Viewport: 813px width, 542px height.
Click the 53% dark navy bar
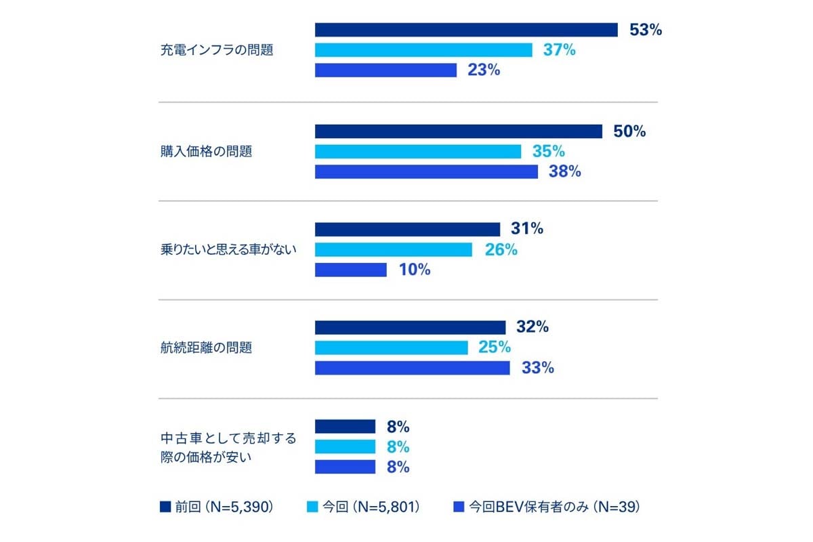[466, 30]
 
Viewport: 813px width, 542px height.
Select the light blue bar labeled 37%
[423, 50]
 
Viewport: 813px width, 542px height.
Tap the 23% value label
[484, 70]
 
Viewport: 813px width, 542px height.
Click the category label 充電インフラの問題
[217, 50]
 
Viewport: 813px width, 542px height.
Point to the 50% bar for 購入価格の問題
[459, 131]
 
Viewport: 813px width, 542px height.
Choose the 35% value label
[549, 151]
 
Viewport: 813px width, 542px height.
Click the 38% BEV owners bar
[426, 171]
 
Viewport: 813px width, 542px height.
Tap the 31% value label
[527, 229]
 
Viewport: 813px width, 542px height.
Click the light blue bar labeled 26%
[394, 249]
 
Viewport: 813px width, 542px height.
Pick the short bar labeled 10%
[351, 270]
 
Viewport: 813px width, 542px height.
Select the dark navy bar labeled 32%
[410, 327]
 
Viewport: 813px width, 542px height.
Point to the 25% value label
[495, 348]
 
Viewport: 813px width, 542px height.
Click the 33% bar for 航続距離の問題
[412, 368]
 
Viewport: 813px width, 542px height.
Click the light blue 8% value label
[398, 447]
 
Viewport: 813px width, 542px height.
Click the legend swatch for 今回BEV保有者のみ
[458, 507]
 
